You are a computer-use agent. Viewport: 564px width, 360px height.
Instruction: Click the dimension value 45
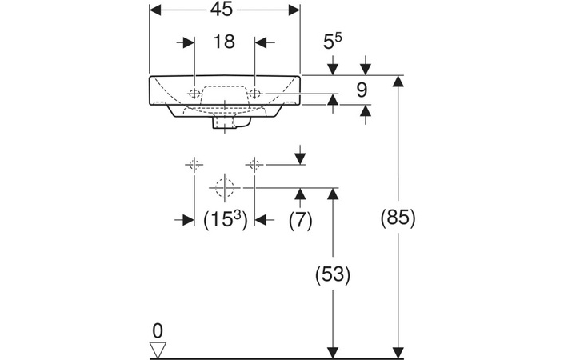[x=225, y=10]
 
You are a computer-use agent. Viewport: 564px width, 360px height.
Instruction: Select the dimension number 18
[x=225, y=42]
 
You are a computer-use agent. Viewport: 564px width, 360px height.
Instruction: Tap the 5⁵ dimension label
[x=334, y=41]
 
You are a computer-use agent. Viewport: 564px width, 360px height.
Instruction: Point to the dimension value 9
[x=361, y=90]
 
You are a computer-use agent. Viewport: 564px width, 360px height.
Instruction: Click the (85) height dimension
[x=397, y=217]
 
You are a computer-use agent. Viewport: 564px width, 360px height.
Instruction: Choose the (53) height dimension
[x=332, y=274]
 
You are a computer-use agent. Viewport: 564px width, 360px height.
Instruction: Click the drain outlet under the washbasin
[x=225, y=124]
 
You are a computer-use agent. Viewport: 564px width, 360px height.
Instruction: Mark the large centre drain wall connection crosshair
[x=225, y=188]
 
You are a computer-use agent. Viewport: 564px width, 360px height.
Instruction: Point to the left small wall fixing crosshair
[x=194, y=165]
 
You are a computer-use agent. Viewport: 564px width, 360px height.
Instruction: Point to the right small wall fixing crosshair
[x=255, y=165]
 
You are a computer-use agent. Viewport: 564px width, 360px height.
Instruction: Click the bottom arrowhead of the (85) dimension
[x=398, y=352]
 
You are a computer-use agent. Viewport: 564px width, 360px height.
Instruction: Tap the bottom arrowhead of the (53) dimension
[x=332, y=352]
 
